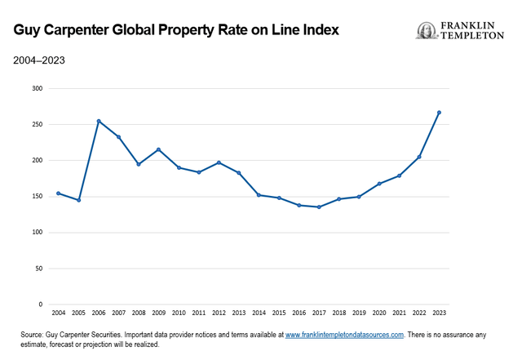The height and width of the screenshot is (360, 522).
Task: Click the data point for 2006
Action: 99,121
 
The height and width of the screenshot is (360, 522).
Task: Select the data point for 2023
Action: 439,113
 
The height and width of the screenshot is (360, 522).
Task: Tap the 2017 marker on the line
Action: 319,207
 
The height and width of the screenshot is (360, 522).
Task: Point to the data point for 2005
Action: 78,200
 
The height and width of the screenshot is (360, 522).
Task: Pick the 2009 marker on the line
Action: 158,149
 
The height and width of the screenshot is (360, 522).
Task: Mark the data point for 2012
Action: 219,162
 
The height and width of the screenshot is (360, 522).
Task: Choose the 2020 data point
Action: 379,184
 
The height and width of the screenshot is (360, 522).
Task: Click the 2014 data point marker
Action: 259,195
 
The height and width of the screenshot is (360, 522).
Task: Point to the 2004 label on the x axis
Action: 59,313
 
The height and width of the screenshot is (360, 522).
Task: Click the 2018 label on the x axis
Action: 338,313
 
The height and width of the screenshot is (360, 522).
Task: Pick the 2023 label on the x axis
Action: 439,313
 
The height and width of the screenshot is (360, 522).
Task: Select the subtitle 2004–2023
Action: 39,60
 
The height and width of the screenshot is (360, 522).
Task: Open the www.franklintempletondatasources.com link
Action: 344,336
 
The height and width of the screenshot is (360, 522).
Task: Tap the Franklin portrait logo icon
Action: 426,30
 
